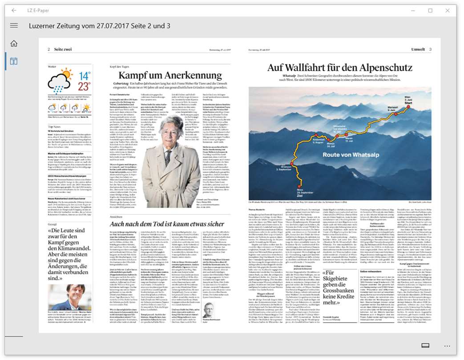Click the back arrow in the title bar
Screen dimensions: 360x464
click(14, 11)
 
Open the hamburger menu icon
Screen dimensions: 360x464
click(14, 25)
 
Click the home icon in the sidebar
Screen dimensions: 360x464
click(14, 43)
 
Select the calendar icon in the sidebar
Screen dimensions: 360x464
click(14, 61)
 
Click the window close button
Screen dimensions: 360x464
click(448, 11)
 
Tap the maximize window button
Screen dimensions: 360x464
click(430, 11)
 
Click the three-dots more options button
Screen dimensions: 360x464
click(447, 345)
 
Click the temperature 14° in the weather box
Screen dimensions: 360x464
click(85, 76)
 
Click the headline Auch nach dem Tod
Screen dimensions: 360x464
click(167, 224)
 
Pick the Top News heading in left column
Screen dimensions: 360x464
click(55, 127)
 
